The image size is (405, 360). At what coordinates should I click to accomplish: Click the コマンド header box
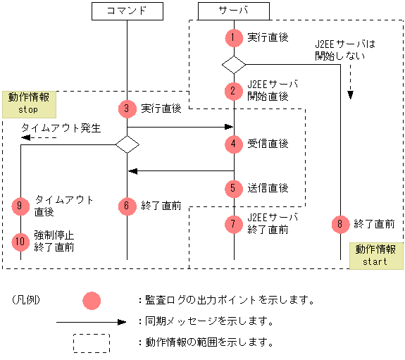point(127,11)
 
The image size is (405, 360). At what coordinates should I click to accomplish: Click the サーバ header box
point(233,11)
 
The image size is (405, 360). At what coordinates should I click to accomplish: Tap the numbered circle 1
point(233,37)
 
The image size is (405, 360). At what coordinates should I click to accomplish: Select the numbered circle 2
point(233,91)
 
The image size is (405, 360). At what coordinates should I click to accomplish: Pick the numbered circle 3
point(127,108)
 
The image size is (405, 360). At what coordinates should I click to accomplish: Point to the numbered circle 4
point(233,144)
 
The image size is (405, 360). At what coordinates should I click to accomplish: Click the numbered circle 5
point(233,188)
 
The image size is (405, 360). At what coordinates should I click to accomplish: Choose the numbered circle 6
point(127,206)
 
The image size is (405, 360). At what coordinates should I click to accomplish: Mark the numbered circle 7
point(233,224)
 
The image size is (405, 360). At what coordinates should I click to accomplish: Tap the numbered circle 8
point(339,224)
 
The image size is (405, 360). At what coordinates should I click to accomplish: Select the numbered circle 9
point(21,206)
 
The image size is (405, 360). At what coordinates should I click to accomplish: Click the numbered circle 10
point(21,241)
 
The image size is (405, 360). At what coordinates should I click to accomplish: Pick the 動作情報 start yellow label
point(375,255)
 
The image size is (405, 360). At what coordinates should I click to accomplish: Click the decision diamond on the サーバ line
point(233,64)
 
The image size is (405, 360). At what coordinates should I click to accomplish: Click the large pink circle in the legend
point(92,300)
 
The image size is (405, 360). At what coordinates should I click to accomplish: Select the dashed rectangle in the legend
point(92,342)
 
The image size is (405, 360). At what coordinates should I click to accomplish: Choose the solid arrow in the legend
point(92,321)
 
